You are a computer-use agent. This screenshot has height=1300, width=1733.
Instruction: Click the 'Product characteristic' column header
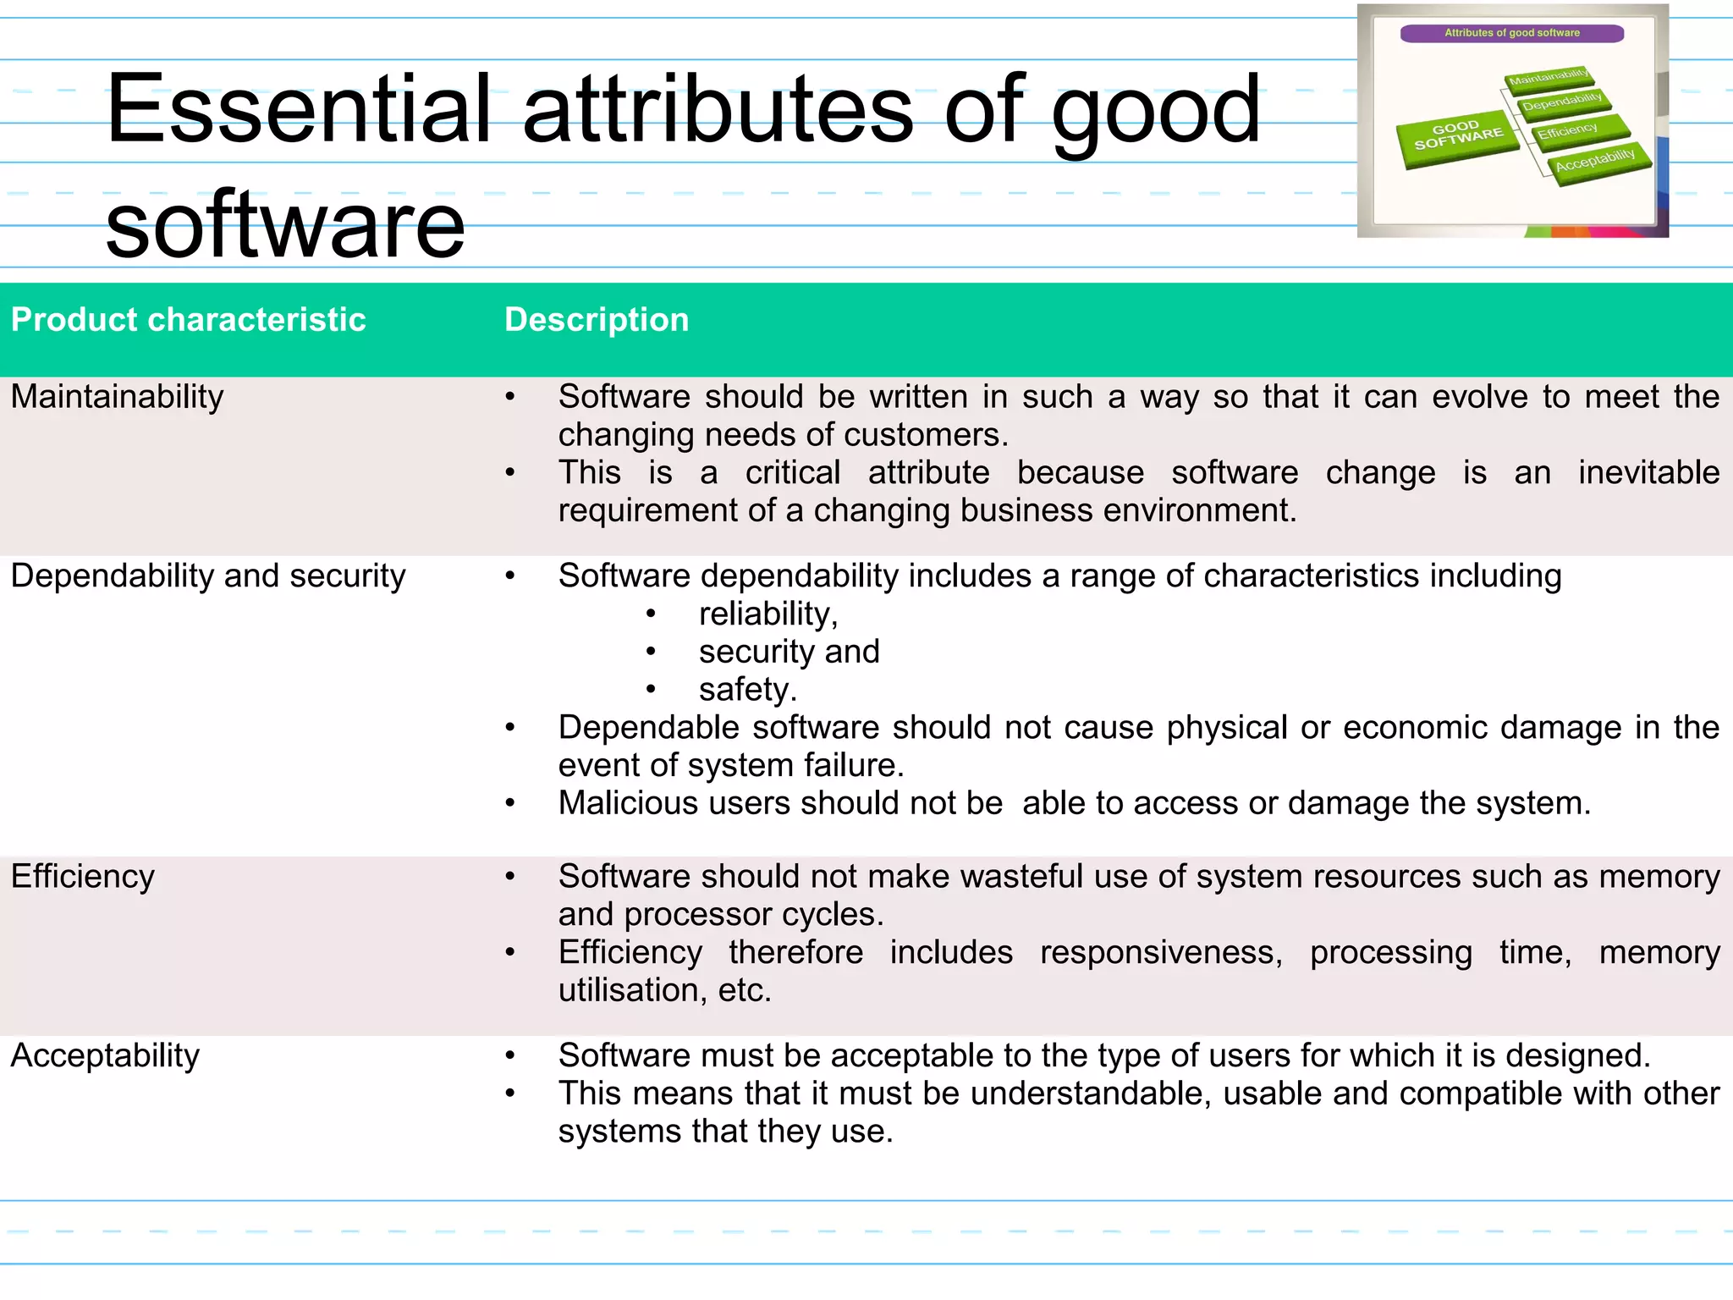pyautogui.click(x=188, y=320)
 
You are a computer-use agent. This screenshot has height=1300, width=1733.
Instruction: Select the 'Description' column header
pyautogui.click(x=597, y=320)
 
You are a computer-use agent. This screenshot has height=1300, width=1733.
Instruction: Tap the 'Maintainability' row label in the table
pyautogui.click(x=118, y=396)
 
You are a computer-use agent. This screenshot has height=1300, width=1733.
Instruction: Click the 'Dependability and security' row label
pyautogui.click(x=208, y=576)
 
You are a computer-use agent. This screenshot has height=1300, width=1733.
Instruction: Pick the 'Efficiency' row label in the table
pyautogui.click(x=83, y=876)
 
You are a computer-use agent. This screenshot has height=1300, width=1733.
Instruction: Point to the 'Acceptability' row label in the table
pyautogui.click(x=105, y=1055)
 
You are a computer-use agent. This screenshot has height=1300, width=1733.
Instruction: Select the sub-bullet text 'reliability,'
pyautogui.click(x=767, y=614)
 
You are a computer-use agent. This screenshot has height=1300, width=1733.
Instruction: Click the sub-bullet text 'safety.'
pyautogui.click(x=747, y=689)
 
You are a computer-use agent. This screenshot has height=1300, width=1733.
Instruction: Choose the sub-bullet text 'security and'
pyautogui.click(x=789, y=652)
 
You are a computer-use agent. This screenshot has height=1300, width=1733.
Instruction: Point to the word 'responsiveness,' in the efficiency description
pyautogui.click(x=1161, y=952)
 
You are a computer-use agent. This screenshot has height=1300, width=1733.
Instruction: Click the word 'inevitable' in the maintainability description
pyautogui.click(x=1648, y=472)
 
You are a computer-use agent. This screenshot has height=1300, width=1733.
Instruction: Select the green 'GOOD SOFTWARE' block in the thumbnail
pyautogui.click(x=1458, y=136)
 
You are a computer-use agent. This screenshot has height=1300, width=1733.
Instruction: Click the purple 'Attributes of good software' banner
pyautogui.click(x=1511, y=33)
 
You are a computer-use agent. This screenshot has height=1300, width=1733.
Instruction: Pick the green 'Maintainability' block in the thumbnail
pyautogui.click(x=1549, y=78)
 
